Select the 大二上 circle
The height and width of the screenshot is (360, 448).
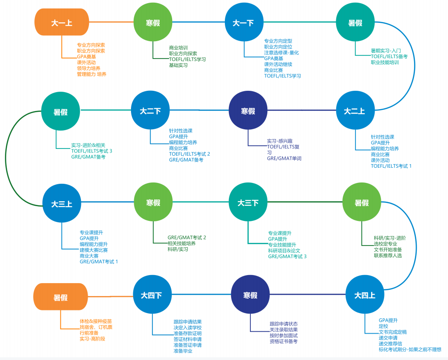[355, 111]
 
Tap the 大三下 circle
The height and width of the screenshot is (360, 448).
[248, 203]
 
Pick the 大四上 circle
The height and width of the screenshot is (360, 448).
[365, 296]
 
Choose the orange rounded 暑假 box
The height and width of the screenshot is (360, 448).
[61, 297]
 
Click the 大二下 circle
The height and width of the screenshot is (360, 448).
[150, 111]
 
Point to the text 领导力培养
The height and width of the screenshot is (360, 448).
[89, 68]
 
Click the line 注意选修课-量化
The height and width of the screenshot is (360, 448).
[281, 53]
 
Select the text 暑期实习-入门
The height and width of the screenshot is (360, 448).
[386, 51]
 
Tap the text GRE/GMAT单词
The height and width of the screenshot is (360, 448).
[284, 158]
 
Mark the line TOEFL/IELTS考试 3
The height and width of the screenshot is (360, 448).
[92, 151]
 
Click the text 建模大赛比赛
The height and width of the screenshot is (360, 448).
[94, 250]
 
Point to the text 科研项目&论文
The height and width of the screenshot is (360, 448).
[284, 251]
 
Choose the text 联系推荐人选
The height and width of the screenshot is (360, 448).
[388, 255]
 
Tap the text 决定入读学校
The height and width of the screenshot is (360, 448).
[188, 327]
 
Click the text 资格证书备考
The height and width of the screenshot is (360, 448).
[283, 341]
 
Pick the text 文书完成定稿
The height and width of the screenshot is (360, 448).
[393, 332]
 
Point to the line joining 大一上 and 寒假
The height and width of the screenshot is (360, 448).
[111, 22]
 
